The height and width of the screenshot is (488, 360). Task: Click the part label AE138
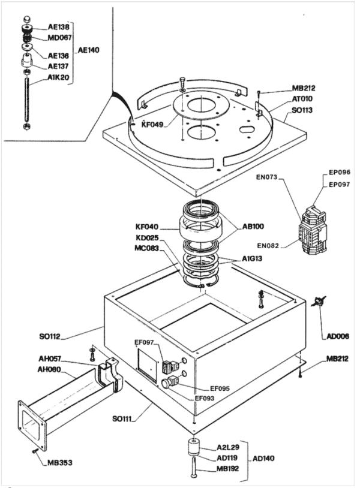tap(59, 27)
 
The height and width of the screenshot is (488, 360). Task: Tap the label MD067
tap(59, 38)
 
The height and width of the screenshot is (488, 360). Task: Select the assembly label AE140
tap(88, 50)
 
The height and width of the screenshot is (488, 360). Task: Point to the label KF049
tap(152, 125)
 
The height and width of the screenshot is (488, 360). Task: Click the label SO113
tap(302, 110)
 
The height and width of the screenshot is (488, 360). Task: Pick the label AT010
tap(302, 99)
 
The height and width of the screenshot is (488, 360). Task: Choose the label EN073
tap(266, 177)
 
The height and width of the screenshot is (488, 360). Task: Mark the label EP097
tap(340, 185)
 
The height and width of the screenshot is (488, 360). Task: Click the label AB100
tap(253, 226)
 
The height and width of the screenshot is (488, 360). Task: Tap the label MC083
tap(146, 248)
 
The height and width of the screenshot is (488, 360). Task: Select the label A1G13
tap(252, 258)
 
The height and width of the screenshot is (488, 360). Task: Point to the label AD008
tap(338, 336)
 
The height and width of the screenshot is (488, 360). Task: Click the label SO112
tap(50, 336)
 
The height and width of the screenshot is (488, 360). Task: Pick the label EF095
tap(220, 388)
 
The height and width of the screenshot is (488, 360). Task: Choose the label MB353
tap(60, 463)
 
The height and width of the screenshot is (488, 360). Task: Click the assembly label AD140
tap(263, 459)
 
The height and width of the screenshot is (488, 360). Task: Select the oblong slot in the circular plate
tap(247, 128)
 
